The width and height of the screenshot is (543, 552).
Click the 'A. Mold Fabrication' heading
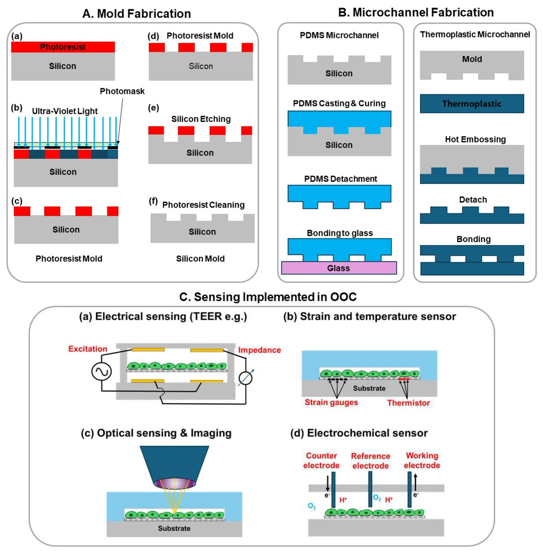pyautogui.click(x=136, y=14)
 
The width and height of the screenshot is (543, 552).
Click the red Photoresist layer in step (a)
pyautogui.click(x=63, y=47)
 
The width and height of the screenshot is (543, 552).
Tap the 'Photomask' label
pyautogui.click(x=122, y=91)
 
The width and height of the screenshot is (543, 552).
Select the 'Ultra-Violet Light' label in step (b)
pyautogui.click(x=64, y=111)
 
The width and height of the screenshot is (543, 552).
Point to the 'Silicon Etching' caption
pyautogui.click(x=201, y=119)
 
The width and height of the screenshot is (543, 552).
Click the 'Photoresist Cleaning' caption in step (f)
pyautogui.click(x=203, y=205)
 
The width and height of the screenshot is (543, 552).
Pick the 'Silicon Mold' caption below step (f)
pyautogui.click(x=200, y=259)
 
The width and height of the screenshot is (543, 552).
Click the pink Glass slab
pyautogui.click(x=339, y=268)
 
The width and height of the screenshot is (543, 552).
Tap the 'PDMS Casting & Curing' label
pyautogui.click(x=339, y=103)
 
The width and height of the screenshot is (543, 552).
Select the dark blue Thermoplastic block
pyautogui.click(x=472, y=103)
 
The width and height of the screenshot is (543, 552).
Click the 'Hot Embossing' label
pyautogui.click(x=475, y=139)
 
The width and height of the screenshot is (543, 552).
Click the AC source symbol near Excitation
pyautogui.click(x=101, y=371)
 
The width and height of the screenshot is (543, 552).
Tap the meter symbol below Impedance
pyautogui.click(x=245, y=378)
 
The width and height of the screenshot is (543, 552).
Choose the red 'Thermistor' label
pyautogui.click(x=408, y=402)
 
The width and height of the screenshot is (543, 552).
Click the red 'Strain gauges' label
pyautogui.click(x=331, y=402)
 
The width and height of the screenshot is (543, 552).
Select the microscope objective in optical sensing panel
pyautogui.click(x=174, y=465)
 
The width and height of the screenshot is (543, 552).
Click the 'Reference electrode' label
pyautogui.click(x=370, y=460)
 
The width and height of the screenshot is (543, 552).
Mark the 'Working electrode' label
pyautogui.click(x=422, y=460)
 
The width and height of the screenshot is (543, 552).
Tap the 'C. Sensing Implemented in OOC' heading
pyautogui.click(x=268, y=297)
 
